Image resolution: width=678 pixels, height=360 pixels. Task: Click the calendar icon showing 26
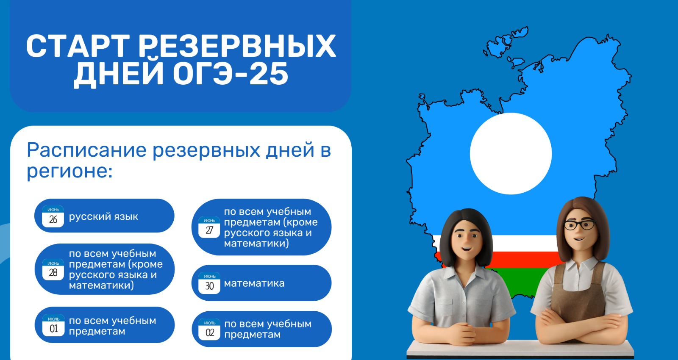coord(53,216)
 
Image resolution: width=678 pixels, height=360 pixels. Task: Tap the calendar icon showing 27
coord(209,227)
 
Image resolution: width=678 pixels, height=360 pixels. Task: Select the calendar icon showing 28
coord(53,269)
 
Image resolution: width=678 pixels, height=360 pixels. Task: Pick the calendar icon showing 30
coord(209,283)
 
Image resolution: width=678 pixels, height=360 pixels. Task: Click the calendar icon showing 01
coord(53,326)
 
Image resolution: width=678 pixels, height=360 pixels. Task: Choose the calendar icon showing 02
coord(209,330)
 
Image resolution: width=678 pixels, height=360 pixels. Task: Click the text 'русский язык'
coord(103,217)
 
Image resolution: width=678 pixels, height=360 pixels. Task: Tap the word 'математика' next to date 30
coord(254,283)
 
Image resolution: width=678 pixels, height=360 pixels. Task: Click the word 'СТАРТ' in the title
coord(78,46)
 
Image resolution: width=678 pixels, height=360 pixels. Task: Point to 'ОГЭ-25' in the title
coord(231,74)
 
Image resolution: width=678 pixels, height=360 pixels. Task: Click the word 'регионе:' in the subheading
coord(69,171)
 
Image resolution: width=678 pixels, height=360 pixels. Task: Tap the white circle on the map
coord(511,153)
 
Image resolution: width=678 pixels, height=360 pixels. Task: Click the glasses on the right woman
coord(579,225)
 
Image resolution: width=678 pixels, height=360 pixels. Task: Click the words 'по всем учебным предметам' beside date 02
coord(268,329)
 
